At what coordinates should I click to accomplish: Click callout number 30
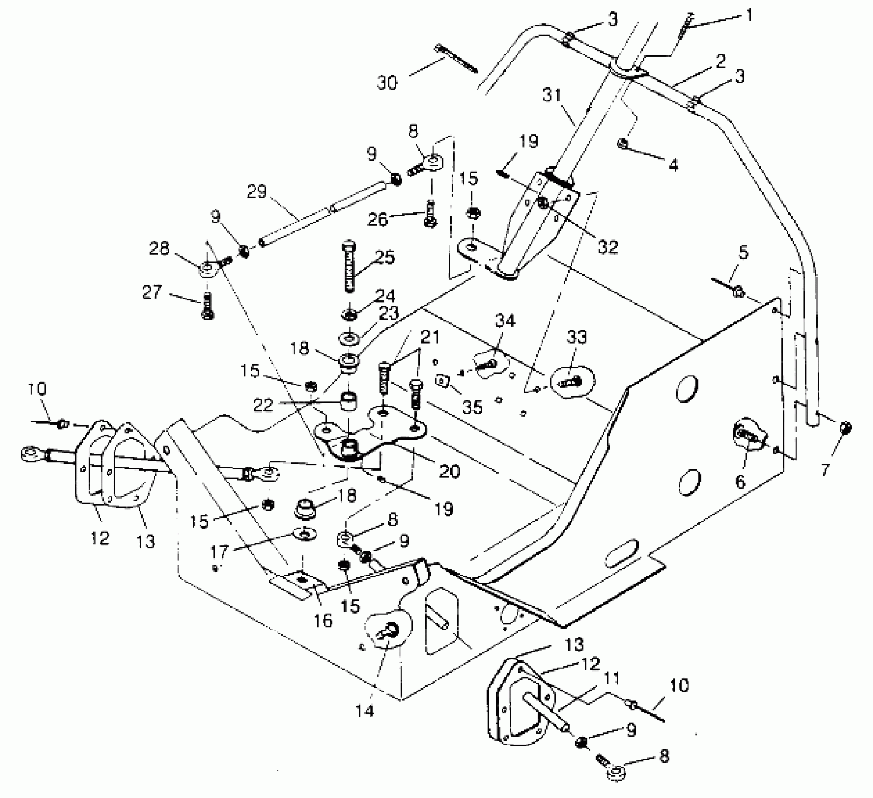coord(387,83)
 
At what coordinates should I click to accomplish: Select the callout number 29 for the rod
coord(257,192)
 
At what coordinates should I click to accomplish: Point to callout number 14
coord(365,711)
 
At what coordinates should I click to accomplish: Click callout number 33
coord(576,337)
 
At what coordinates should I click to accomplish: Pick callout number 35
coord(472,407)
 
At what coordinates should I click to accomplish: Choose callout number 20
coord(449,471)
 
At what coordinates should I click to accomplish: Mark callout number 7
coord(825,468)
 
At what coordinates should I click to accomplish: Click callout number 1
coord(749,16)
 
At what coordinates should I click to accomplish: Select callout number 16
coord(323,620)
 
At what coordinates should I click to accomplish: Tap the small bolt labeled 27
coord(207,307)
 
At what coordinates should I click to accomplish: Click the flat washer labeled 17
coord(305,534)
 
